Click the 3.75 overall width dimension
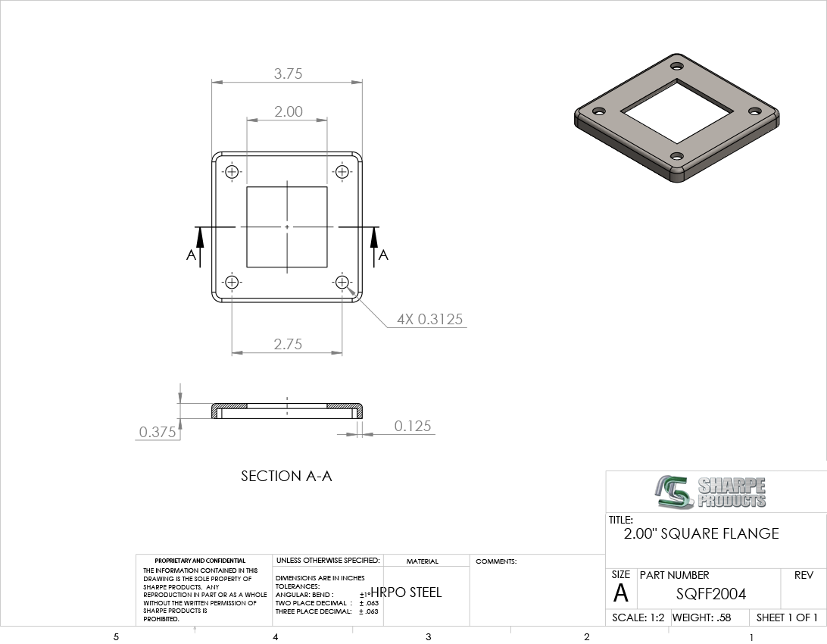(288, 73)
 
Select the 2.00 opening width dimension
(288, 111)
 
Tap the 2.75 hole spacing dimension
(288, 344)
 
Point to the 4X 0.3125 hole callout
(430, 319)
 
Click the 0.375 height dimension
(158, 432)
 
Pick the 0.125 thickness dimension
(413, 426)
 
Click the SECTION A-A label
(286, 476)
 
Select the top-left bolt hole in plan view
(232, 172)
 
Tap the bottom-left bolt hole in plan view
(232, 282)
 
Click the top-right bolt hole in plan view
(342, 172)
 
